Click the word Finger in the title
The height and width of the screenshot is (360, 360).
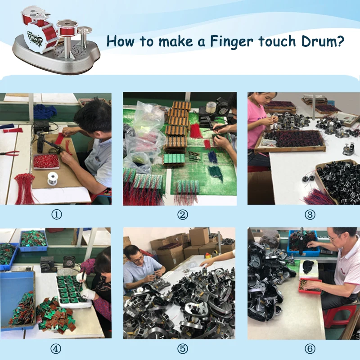[231, 42]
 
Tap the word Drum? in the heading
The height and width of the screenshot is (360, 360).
[323, 41]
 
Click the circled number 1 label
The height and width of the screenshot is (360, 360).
[57, 215]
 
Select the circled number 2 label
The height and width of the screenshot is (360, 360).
[183, 215]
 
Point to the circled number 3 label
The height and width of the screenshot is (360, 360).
[310, 215]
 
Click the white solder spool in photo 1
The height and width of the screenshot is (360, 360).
[53, 178]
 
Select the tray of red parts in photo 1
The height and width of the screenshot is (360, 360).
[46, 161]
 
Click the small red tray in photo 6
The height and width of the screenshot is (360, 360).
[310, 286]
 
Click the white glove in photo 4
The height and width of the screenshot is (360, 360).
[88, 294]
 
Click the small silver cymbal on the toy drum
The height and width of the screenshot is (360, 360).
[84, 30]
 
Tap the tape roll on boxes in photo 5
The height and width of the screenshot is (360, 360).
[207, 255]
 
